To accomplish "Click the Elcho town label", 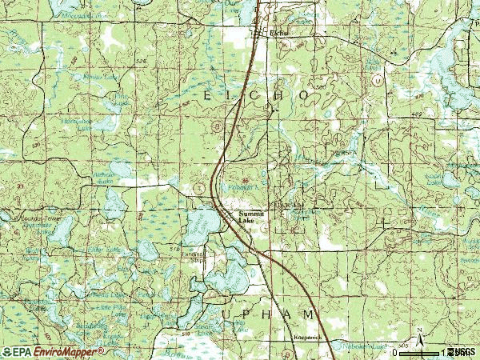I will tap(278, 33).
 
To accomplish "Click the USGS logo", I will tap(463, 352).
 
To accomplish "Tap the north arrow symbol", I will tap(417, 334).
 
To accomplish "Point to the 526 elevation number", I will tap(142, 61).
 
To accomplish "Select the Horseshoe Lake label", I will tap(81, 123).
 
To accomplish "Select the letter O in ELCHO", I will tap(304, 95).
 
